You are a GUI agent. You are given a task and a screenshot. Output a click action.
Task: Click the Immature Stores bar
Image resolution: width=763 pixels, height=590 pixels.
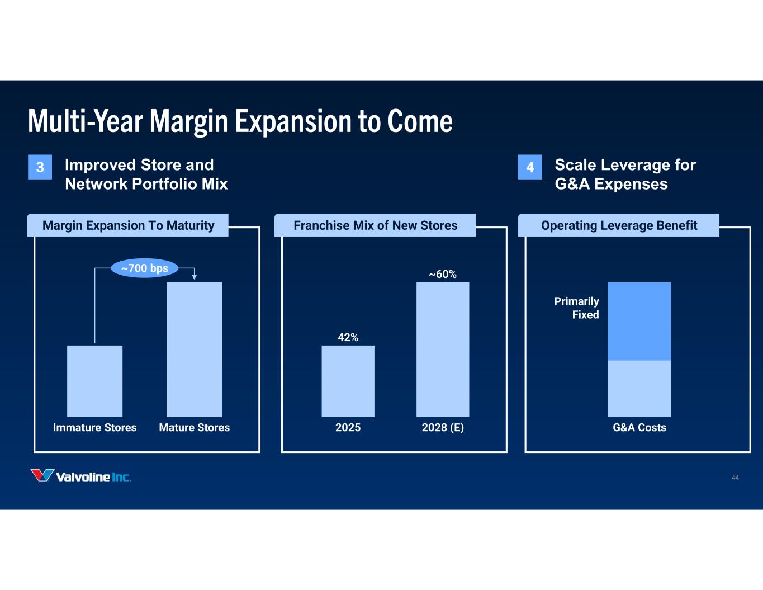coord(94,381)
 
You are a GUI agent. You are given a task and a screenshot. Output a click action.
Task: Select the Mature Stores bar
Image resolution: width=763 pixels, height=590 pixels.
coord(194,349)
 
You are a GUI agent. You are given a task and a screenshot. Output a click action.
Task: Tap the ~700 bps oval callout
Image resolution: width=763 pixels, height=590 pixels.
coord(145,268)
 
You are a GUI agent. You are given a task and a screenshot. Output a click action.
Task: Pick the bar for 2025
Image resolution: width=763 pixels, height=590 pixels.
coord(348,381)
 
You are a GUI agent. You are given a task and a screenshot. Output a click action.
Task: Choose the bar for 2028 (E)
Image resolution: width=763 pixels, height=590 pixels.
coord(442,349)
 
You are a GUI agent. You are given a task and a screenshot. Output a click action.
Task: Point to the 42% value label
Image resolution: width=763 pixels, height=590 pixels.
coord(348,337)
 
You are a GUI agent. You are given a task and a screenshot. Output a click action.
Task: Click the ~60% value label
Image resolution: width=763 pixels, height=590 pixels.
coord(442,274)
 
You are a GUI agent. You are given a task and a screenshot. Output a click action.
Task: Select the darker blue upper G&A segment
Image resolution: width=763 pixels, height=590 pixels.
coord(639,321)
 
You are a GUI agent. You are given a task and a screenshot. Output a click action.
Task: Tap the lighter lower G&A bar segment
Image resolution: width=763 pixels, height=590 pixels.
coord(639,388)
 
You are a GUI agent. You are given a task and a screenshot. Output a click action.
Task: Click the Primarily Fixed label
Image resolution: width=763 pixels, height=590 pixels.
coord(576,308)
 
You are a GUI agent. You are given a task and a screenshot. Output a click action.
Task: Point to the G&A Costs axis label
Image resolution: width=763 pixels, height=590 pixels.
coord(639,427)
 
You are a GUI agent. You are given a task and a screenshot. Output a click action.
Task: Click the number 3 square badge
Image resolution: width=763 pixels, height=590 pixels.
coord(40,167)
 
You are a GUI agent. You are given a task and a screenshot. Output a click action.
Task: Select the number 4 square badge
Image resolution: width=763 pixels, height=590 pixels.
coord(530,167)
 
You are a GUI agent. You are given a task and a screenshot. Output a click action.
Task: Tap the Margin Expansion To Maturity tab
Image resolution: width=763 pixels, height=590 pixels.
coord(128,225)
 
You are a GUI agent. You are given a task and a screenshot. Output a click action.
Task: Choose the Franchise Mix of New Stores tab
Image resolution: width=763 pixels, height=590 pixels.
coord(375,225)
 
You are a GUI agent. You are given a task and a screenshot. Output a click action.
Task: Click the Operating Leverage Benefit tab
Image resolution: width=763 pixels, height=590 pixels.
coord(619,225)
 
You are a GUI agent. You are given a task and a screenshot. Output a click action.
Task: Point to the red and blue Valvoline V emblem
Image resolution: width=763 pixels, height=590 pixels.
coord(42,475)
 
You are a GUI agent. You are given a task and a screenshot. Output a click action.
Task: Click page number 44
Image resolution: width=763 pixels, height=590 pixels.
coord(735,478)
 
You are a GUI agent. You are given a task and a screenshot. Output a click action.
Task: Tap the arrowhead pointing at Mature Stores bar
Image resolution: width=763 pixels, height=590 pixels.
coord(194,276)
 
